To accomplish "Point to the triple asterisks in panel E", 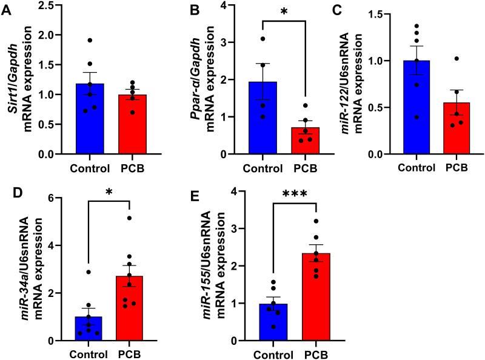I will click(x=294, y=195).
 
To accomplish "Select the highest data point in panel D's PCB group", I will click(x=129, y=218).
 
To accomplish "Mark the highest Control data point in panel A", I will click(x=89, y=40).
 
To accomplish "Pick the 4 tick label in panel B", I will click(x=225, y=6).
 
